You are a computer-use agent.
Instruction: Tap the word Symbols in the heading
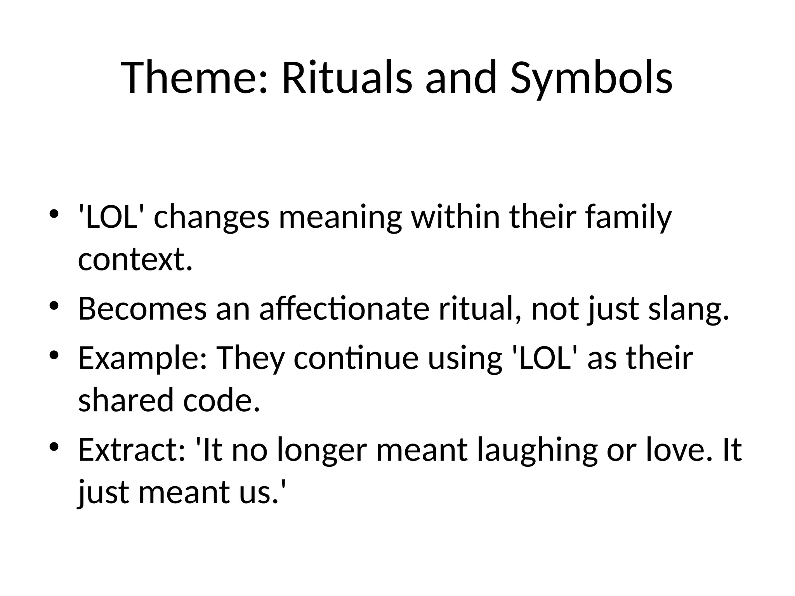[x=591, y=80]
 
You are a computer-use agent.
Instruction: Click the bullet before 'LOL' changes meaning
[x=54, y=214]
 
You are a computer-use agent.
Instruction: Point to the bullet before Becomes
[x=54, y=305]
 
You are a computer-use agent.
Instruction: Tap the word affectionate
[x=344, y=308]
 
